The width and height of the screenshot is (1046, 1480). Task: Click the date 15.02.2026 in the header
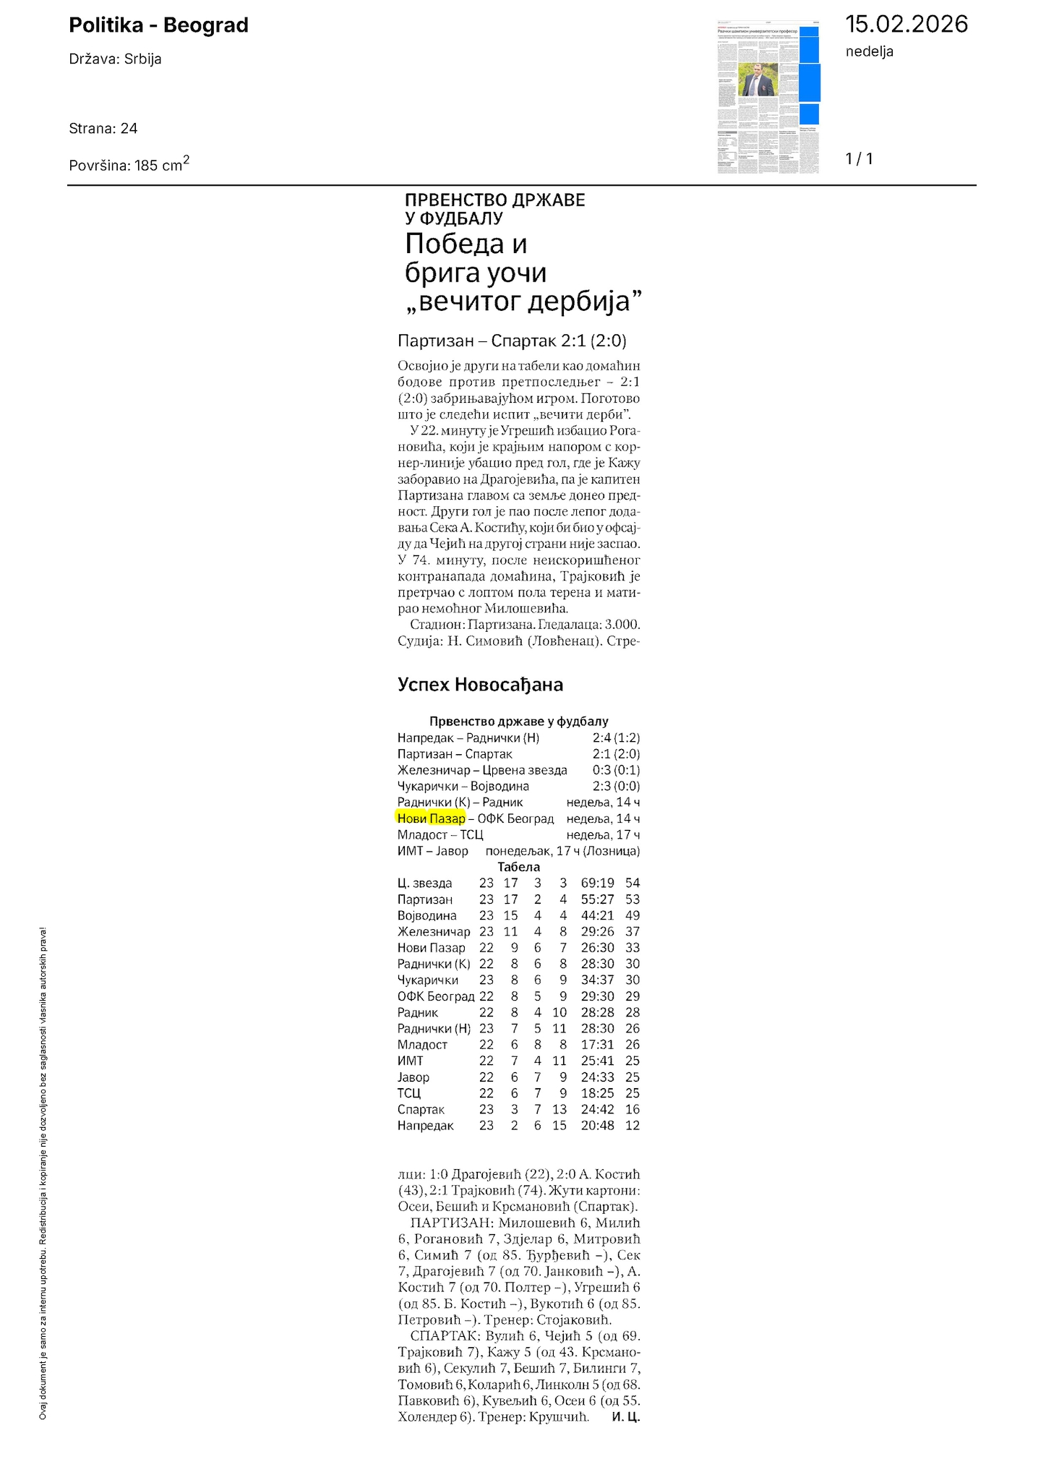click(906, 25)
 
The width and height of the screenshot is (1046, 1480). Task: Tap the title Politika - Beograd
click(158, 25)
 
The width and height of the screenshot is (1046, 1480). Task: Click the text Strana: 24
click(103, 129)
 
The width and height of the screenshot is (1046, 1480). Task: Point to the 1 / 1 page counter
click(859, 159)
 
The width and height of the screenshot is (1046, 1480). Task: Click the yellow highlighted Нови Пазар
click(431, 818)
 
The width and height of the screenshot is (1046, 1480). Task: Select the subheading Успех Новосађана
click(480, 685)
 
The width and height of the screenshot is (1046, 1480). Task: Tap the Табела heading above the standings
click(518, 867)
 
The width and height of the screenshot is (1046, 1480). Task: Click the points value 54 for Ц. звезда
click(633, 883)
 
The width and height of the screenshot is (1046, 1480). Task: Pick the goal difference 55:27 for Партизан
click(597, 899)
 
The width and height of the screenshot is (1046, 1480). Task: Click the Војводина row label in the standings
click(426, 915)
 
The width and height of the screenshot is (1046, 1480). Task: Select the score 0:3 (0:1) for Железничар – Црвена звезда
click(615, 770)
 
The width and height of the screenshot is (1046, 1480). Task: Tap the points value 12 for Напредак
click(633, 1126)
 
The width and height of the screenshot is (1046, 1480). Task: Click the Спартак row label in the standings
click(421, 1109)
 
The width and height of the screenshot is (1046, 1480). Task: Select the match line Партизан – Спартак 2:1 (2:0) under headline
click(512, 341)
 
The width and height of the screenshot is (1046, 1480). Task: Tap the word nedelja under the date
click(869, 51)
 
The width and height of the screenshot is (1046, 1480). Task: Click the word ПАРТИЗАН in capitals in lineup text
click(451, 1223)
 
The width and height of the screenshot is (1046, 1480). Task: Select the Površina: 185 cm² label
click(129, 164)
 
